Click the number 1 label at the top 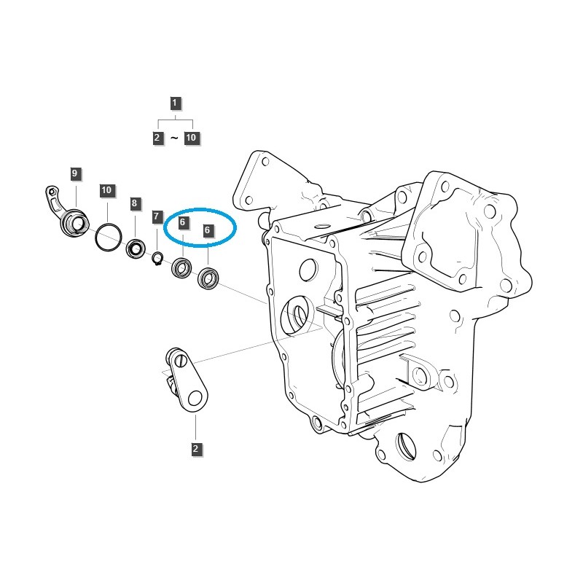(175, 103)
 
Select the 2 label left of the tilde (157, 138)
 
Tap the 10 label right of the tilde (191, 138)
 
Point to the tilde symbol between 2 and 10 (174, 138)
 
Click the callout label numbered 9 (75, 173)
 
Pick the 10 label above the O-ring (106, 190)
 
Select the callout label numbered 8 (135, 203)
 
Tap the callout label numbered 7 (157, 216)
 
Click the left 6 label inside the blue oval (182, 221)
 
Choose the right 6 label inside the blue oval (208, 230)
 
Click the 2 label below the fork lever (195, 449)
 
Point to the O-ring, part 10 (107, 236)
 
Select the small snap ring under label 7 (157, 258)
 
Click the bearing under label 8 (136, 249)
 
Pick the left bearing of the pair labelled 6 (181, 268)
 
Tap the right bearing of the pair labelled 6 (208, 278)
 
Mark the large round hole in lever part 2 (195, 396)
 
